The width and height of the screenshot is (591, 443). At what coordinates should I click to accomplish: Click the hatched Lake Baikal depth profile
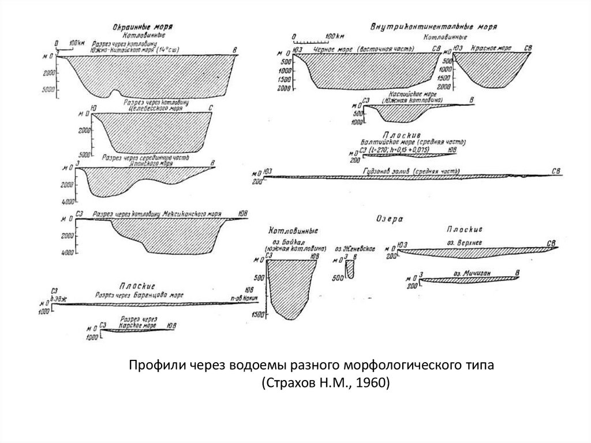tap(291, 286)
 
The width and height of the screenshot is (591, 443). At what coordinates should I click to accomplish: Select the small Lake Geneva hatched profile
tap(350, 268)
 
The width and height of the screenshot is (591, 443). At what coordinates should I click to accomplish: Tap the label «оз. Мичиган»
tap(468, 273)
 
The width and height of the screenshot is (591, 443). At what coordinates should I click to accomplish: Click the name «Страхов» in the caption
tap(288, 383)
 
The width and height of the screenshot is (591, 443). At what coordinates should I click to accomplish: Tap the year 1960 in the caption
tap(376, 383)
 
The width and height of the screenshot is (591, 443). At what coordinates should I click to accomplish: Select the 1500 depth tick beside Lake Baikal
tap(257, 314)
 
